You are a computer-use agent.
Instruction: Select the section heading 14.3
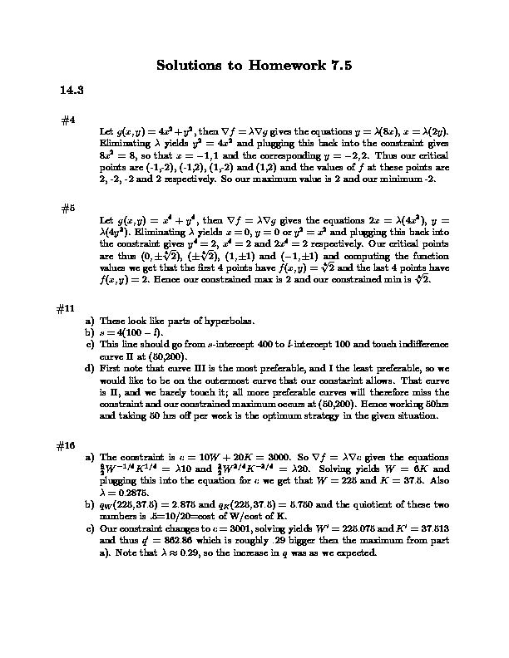coord(70,90)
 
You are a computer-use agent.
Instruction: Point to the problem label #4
coord(69,120)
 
